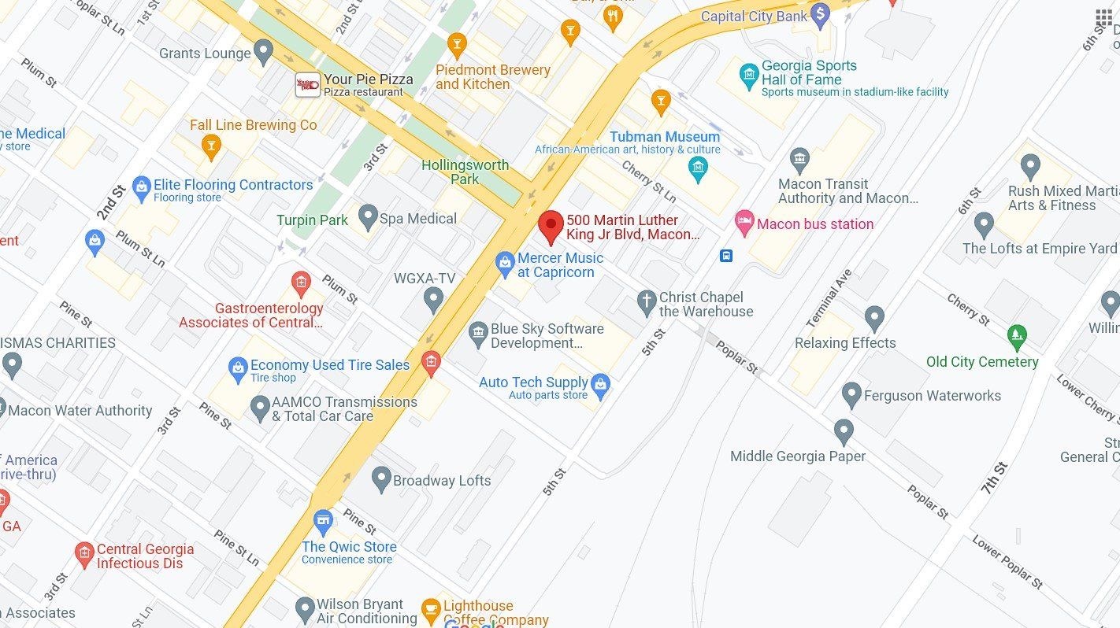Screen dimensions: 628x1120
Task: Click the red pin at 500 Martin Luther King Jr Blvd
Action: [551, 225]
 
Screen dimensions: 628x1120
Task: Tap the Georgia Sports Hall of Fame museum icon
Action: [749, 76]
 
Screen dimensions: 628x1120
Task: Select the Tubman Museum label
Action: [664, 137]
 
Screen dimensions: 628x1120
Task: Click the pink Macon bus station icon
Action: [744, 223]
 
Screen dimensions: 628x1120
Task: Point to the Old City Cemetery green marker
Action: [1017, 336]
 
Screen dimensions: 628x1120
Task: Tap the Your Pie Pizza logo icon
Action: [307, 84]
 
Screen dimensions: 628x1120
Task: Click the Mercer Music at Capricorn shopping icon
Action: [504, 264]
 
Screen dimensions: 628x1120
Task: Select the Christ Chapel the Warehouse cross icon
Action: [646, 302]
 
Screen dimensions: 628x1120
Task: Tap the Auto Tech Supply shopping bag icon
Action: [600, 386]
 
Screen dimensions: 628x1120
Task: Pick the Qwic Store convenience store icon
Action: [323, 521]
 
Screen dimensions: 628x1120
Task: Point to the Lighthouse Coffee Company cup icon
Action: [430, 609]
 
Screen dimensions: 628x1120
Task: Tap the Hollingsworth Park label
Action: [465, 172]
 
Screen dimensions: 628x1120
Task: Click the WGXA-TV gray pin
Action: [432, 298]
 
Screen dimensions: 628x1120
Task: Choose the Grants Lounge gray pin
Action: [263, 52]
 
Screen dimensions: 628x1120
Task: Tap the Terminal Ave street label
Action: [829, 298]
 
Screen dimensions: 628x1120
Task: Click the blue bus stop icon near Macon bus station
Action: [725, 256]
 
